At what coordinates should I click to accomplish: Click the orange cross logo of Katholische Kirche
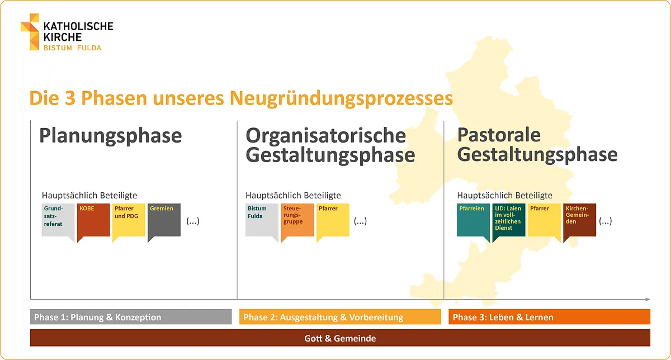pyautogui.click(x=30, y=31)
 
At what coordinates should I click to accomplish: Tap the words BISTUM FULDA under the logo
pyautogui.click(x=73, y=48)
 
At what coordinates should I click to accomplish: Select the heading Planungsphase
pyautogui.click(x=110, y=136)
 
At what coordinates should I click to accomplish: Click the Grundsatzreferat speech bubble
pyautogui.click(x=58, y=220)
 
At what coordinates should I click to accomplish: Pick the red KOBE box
pyautogui.click(x=93, y=220)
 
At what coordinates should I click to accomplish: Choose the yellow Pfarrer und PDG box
pyautogui.click(x=129, y=220)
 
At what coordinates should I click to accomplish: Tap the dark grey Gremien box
pyautogui.click(x=164, y=220)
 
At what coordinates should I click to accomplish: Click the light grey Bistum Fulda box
pyautogui.click(x=262, y=220)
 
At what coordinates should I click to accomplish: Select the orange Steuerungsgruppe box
pyautogui.click(x=297, y=220)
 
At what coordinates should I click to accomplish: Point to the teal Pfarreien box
pyautogui.click(x=473, y=220)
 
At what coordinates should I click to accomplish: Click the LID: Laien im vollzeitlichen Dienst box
pyautogui.click(x=509, y=219)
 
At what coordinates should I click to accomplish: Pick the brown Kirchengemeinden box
pyautogui.click(x=580, y=219)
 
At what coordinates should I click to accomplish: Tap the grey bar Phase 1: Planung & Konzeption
pyautogui.click(x=131, y=317)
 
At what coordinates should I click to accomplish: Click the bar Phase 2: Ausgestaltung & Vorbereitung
pyautogui.click(x=340, y=317)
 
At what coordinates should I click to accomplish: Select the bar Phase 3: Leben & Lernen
pyautogui.click(x=549, y=317)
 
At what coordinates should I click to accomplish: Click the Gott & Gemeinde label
pyautogui.click(x=340, y=338)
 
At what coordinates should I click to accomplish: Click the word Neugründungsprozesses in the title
pyautogui.click(x=339, y=98)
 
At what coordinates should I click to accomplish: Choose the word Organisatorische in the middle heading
pyautogui.click(x=326, y=135)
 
